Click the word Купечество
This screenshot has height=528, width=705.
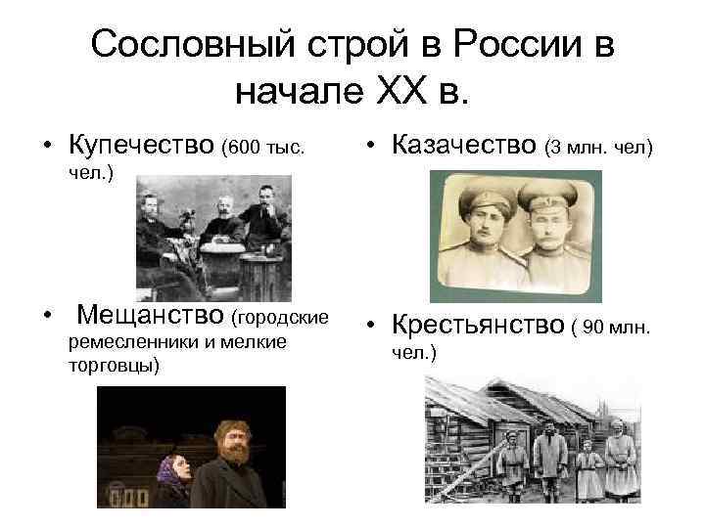click(142, 147)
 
